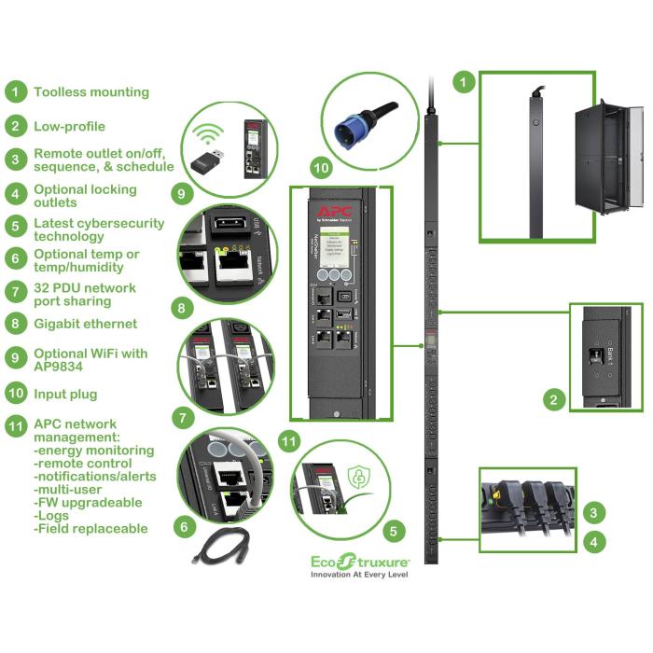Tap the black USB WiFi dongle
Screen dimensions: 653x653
pos(215,164)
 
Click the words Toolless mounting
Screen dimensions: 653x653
pos(91,92)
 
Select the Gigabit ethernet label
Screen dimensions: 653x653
pos(86,324)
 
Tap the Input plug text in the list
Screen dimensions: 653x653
pos(65,394)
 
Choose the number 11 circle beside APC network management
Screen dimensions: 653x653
pos(16,429)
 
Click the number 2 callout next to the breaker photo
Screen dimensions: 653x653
pos(555,401)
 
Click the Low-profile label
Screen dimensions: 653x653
pos(70,126)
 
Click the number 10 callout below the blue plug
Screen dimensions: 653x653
pos(321,169)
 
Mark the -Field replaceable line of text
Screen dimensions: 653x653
pos(90,528)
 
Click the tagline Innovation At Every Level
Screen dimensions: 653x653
pos(359,576)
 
